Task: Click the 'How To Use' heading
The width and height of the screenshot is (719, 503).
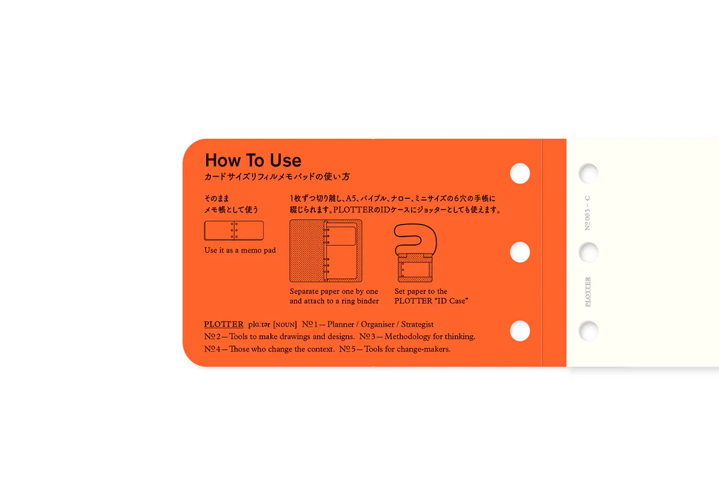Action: coord(253,160)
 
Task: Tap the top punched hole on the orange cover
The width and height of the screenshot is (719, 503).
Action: coord(519,174)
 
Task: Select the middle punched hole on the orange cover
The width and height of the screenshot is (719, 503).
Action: coord(519,252)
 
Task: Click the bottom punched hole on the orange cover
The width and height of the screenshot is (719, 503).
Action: coord(519,331)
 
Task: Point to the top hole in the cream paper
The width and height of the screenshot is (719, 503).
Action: coord(588,173)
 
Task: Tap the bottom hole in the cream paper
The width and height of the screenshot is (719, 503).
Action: coord(588,331)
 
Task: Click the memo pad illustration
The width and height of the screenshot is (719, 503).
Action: coord(234,231)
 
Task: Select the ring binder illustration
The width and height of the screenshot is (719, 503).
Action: coord(326,251)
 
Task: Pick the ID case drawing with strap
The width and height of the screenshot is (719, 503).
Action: coord(415,253)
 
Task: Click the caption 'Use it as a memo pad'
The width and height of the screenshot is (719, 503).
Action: coord(240,250)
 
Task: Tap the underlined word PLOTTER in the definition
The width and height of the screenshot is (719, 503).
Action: coord(223,325)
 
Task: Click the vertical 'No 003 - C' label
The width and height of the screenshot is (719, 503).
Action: coord(587,213)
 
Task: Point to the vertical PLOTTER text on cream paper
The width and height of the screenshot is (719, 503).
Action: coord(587,292)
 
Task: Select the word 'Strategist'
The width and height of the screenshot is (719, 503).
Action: coord(417,325)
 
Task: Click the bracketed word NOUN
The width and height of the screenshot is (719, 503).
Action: coord(285,325)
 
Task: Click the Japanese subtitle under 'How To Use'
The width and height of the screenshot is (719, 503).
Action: coord(277,177)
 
